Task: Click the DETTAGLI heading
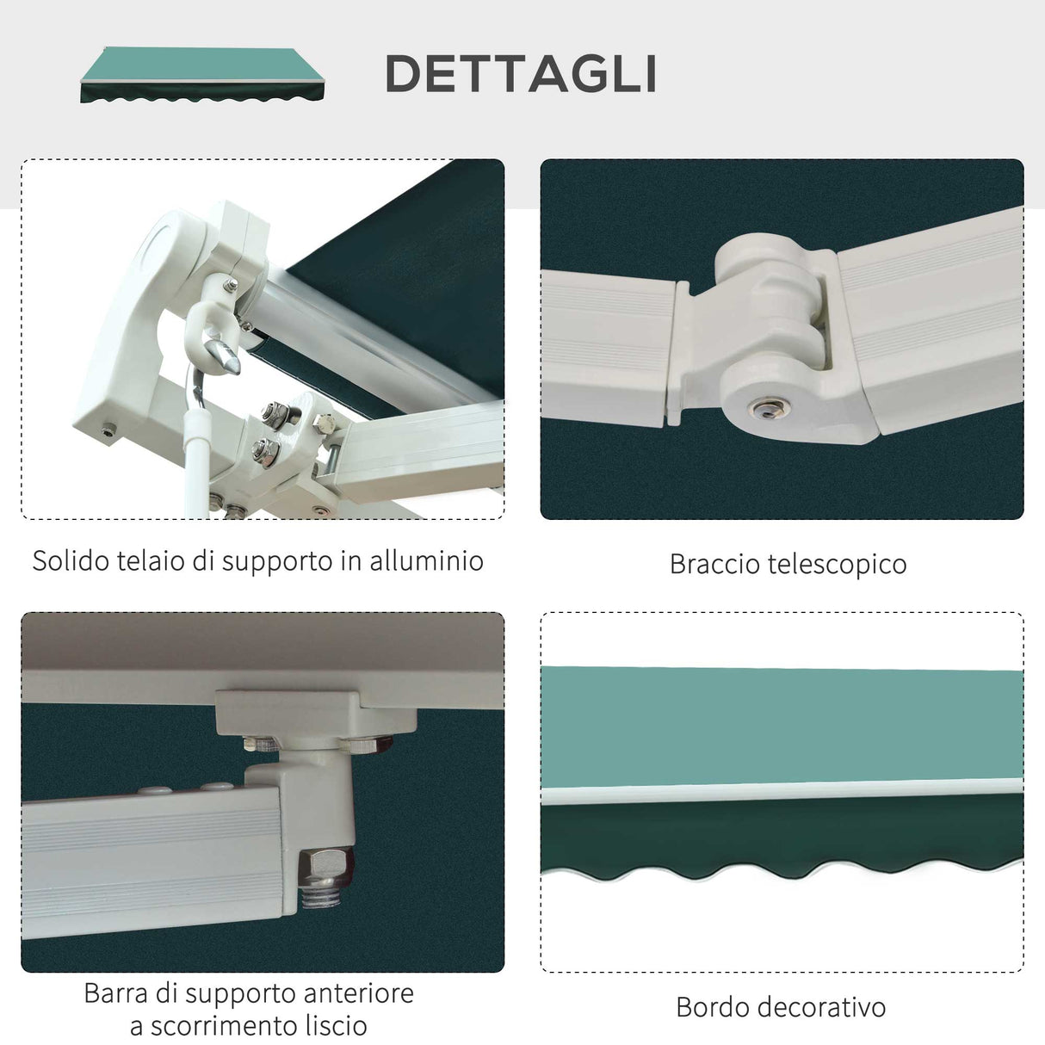[521, 74]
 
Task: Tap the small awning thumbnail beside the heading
[204, 75]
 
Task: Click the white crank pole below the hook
[196, 465]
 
